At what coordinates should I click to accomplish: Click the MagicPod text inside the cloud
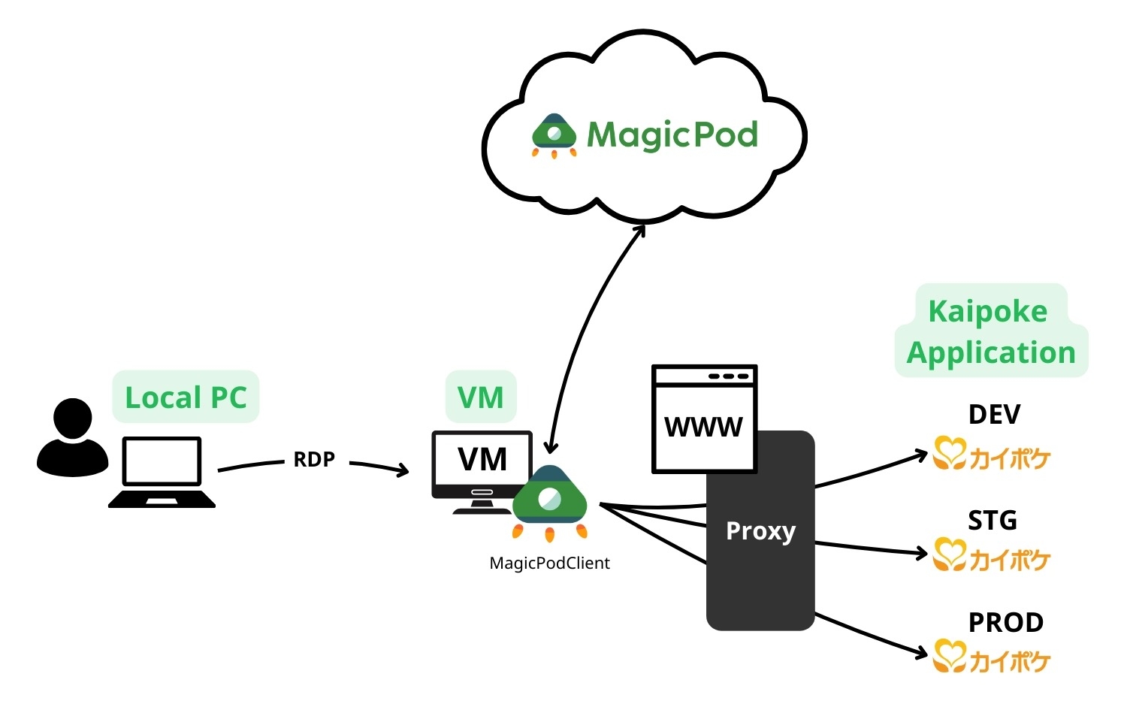pos(672,136)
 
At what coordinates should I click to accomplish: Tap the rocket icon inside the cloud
pos(554,135)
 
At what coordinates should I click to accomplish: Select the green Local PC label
pos(186,397)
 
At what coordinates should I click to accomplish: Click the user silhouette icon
pos(72,437)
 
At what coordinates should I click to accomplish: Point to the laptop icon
pos(162,472)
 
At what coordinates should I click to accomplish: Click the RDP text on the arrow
pos(314,459)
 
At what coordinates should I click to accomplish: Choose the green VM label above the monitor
pos(481,397)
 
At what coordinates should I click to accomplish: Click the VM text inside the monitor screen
pos(482,459)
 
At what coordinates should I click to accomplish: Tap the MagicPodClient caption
pos(549,563)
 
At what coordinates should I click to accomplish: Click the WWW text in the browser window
pos(703,427)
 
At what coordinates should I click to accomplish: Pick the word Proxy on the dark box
pos(760,530)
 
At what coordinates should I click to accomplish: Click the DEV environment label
pos(994,414)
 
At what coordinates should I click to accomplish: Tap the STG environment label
pos(992,520)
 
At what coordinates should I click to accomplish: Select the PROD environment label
pos(1005,622)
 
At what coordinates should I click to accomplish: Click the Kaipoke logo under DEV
pos(991,455)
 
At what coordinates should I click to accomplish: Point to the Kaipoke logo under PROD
pos(991,658)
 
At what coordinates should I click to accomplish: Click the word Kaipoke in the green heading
pos(987,311)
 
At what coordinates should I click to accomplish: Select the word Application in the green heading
pos(991,352)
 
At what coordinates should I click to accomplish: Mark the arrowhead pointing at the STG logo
pos(923,554)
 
